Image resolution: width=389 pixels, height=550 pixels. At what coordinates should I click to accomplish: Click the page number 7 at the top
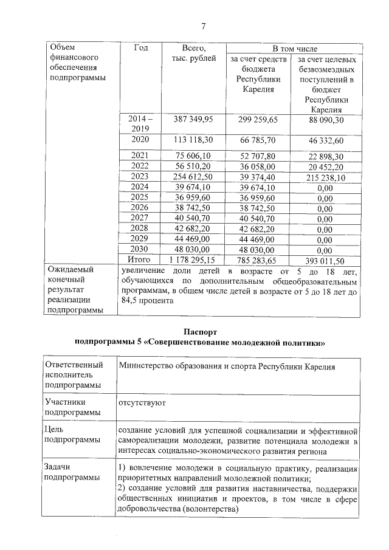(204, 25)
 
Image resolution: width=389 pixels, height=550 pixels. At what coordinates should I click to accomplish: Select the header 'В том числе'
(294, 48)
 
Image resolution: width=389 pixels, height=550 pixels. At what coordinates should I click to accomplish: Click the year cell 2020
(140, 140)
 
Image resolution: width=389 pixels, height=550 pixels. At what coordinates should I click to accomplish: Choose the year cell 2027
(140, 218)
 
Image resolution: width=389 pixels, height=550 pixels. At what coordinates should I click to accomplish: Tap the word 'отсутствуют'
(143, 402)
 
